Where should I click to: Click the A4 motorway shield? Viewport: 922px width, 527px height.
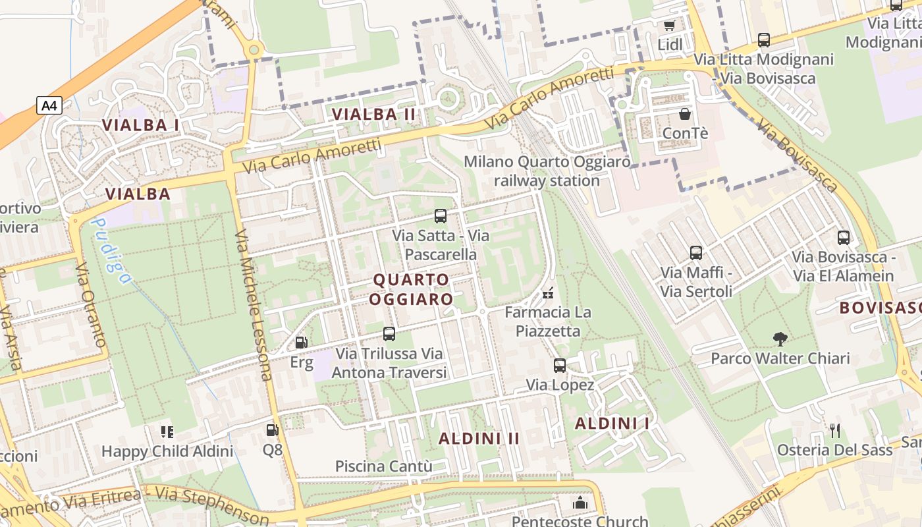(49, 105)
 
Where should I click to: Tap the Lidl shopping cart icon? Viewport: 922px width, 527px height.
(670, 26)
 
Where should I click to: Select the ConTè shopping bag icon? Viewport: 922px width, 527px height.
(685, 114)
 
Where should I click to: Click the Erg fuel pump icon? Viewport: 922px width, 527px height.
(301, 342)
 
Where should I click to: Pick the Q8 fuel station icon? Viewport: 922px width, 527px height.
(272, 431)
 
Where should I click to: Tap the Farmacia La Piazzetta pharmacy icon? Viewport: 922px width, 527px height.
(547, 292)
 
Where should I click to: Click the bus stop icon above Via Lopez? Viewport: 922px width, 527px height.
(560, 365)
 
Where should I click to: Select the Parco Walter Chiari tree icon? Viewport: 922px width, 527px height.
(780, 339)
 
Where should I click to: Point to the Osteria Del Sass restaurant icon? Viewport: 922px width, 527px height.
(835, 431)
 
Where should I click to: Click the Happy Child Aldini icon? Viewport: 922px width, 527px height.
(167, 432)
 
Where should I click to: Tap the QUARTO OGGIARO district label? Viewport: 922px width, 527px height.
(411, 289)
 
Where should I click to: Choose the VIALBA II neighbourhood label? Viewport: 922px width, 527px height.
(374, 114)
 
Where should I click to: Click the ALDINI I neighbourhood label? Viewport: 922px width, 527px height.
(612, 424)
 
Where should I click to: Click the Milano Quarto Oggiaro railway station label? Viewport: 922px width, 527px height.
(547, 171)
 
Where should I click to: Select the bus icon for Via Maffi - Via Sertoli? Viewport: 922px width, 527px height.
(696, 252)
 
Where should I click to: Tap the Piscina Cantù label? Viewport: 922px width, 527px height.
(384, 466)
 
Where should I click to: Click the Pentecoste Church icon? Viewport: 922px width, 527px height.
(580, 503)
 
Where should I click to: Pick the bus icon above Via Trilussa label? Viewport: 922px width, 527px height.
(389, 334)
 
